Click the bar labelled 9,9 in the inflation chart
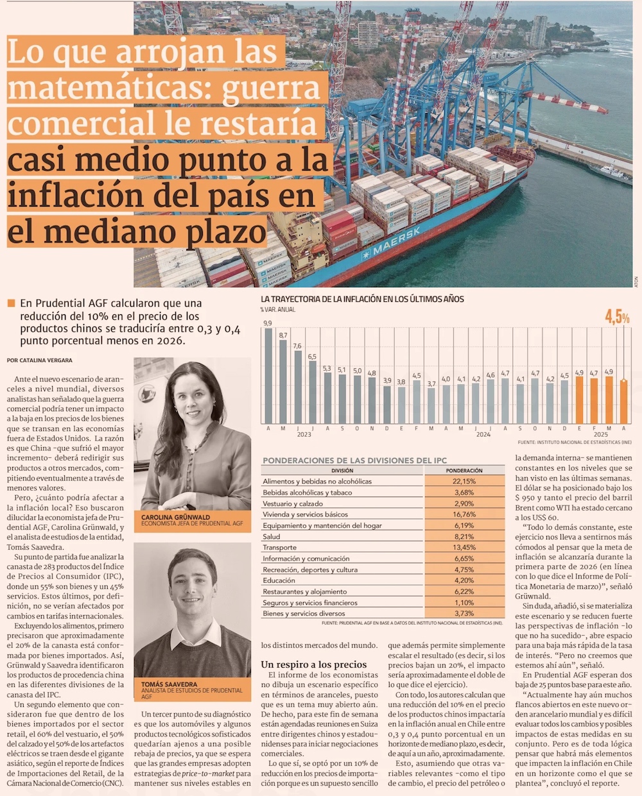click(268, 375)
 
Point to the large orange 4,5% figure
click(617, 317)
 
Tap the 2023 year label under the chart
click(304, 434)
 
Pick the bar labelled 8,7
click(283, 381)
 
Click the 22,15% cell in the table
click(464, 481)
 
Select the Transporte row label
click(280, 547)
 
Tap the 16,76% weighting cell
click(464, 514)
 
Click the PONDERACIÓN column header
click(464, 470)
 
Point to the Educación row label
click(279, 580)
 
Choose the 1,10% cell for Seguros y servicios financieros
click(464, 602)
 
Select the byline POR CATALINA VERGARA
click(40, 360)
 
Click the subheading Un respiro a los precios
click(314, 665)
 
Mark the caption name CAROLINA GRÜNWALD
click(175, 517)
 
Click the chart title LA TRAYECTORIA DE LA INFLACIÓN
click(362, 300)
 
